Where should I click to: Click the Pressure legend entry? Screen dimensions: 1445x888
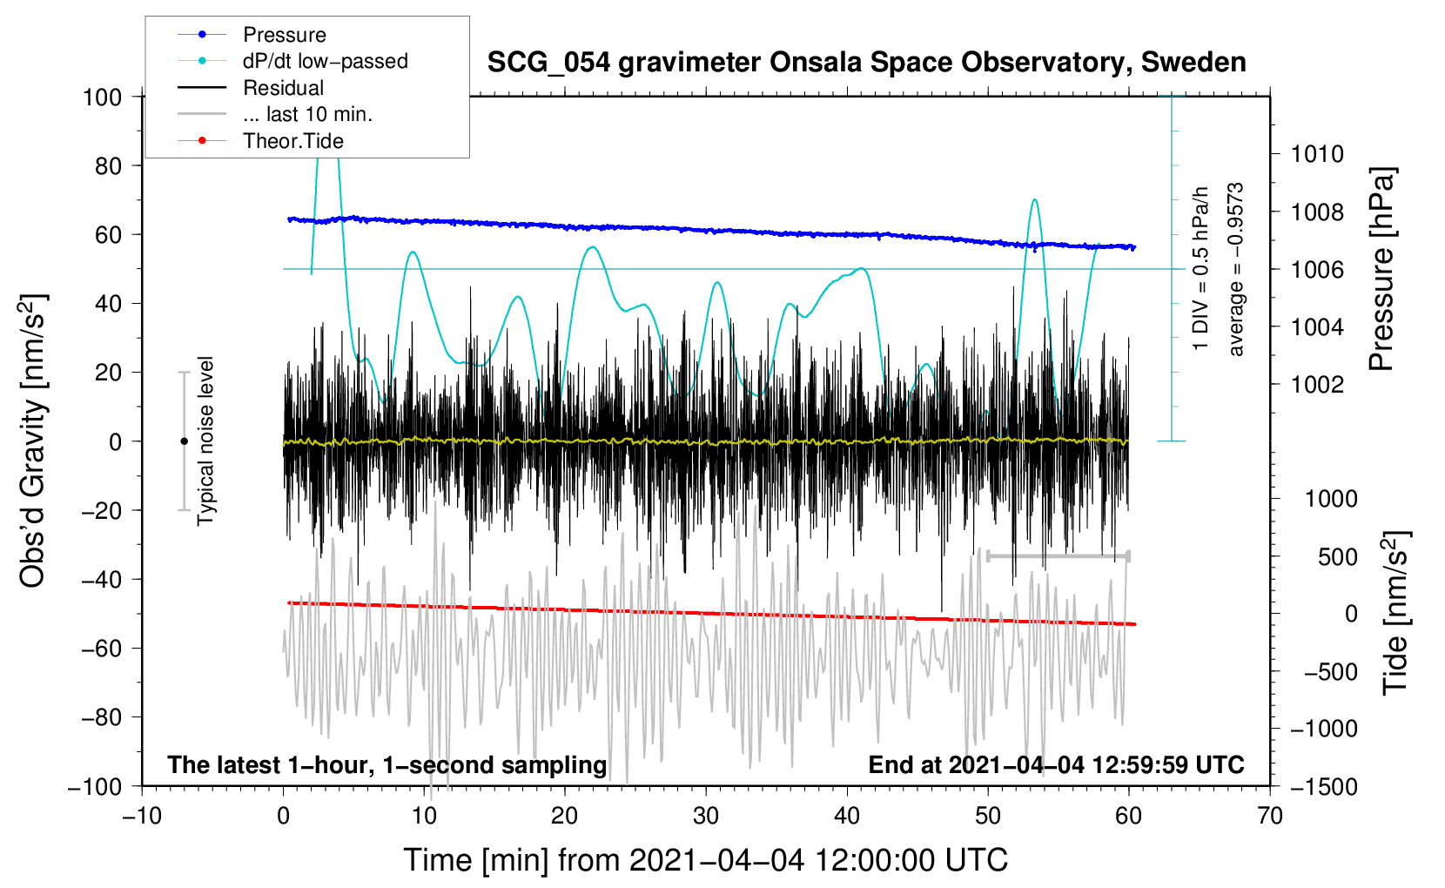click(252, 34)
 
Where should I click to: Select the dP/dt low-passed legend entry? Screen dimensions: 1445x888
click(292, 61)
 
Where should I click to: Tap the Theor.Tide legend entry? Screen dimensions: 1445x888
click(260, 141)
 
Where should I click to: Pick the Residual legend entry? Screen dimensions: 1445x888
click(251, 87)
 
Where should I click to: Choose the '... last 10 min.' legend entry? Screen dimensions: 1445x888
click(275, 114)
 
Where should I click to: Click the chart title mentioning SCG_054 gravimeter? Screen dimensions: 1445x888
click(866, 63)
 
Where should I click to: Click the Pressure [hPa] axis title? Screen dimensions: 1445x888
click(1381, 268)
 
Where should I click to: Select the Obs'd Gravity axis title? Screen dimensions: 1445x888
click(32, 441)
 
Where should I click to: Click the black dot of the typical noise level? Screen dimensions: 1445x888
click(184, 441)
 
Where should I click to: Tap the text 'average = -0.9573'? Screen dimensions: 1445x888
click(1235, 269)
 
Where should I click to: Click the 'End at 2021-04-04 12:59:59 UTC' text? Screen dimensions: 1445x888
click(1056, 764)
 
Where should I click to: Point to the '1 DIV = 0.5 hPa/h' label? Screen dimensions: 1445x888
click(1200, 269)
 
